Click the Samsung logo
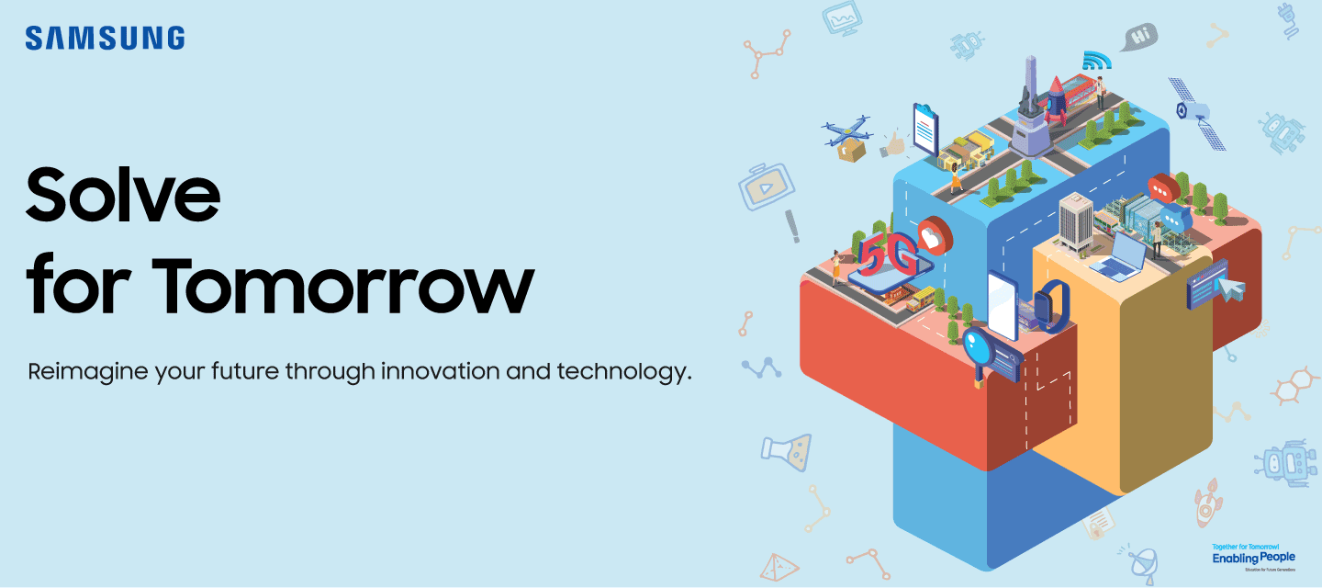pyautogui.click(x=105, y=38)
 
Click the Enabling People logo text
pyautogui.click(x=1253, y=558)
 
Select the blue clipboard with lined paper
pyautogui.click(x=925, y=130)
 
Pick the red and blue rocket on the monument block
pyautogui.click(x=1057, y=99)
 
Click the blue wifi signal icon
pyautogui.click(x=1095, y=61)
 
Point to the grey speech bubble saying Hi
pyautogui.click(x=1138, y=38)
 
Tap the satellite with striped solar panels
pyautogui.click(x=1197, y=113)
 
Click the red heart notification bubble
pyautogui.click(x=935, y=235)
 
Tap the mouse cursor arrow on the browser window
pyautogui.click(x=1231, y=289)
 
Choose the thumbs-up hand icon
pyautogui.click(x=893, y=144)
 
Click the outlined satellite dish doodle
pyautogui.click(x=1142, y=561)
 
